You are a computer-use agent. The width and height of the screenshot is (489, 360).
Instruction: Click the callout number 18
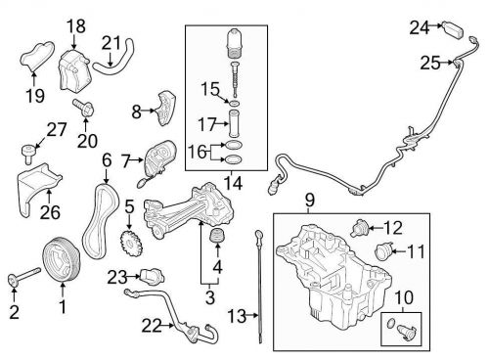(76, 26)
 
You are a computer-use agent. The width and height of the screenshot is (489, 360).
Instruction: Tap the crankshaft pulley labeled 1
(61, 259)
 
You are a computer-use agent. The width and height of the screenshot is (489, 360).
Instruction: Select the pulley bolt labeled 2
(23, 276)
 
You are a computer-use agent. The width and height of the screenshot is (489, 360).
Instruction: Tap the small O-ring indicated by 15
(235, 104)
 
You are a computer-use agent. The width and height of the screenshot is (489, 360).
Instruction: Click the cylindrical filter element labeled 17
(235, 124)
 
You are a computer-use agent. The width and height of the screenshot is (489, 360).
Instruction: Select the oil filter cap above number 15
(234, 44)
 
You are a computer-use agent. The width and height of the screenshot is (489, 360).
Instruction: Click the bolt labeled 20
(84, 108)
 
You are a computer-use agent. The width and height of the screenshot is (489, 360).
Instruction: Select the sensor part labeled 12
(359, 227)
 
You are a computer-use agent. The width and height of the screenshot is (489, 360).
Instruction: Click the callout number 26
(50, 212)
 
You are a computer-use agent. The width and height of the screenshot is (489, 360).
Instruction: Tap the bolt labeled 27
(28, 154)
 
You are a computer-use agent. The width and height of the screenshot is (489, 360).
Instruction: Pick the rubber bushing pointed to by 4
(217, 236)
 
